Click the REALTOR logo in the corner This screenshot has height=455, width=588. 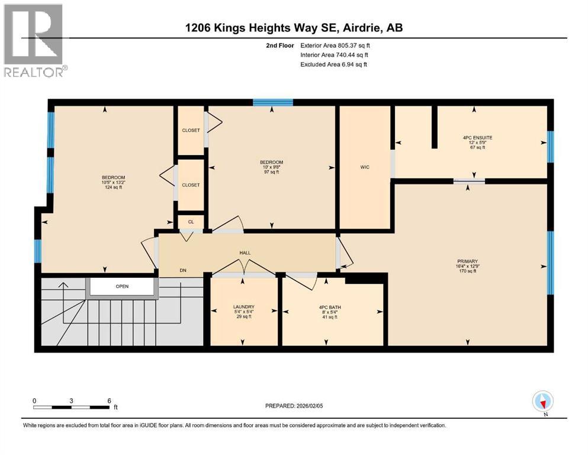(34, 40)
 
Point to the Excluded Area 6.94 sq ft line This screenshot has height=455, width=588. (334, 64)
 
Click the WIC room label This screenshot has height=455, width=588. (365, 168)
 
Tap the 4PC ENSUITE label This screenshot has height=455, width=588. (477, 138)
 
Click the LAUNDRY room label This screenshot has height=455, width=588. (243, 307)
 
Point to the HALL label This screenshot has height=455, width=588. (245, 253)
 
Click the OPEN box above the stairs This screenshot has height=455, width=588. (122, 286)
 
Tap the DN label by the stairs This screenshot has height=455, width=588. (183, 270)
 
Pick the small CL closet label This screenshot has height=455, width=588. (191, 222)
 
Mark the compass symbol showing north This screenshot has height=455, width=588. (543, 402)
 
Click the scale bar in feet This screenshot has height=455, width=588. (72, 407)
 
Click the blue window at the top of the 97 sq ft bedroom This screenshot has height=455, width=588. (272, 102)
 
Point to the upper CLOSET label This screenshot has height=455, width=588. (191, 130)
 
